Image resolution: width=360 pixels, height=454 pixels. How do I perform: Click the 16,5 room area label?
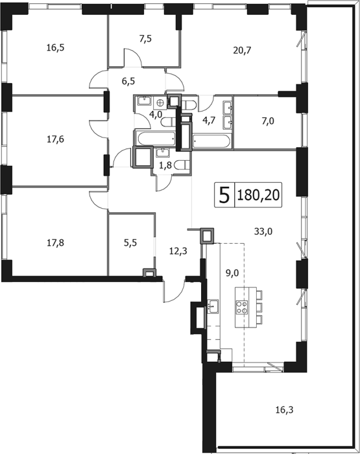55,48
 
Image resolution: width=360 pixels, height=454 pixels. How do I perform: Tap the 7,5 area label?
145,39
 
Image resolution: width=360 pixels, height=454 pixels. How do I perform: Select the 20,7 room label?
242,51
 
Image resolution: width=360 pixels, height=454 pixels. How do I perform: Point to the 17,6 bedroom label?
55,139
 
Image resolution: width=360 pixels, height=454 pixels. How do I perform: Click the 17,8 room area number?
55,243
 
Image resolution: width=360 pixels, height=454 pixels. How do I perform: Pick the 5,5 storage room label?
130,243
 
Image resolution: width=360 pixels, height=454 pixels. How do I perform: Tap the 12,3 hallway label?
178,251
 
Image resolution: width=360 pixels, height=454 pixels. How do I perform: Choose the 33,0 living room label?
263,232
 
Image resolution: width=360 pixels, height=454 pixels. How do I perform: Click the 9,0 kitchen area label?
232,273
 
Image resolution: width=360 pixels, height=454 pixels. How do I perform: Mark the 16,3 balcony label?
284,410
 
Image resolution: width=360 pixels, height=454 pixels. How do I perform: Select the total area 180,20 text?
258,195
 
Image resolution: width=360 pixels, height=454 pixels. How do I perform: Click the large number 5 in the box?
224,195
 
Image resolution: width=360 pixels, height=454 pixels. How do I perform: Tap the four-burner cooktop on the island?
242,307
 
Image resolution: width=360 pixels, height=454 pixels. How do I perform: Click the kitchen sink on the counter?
213,306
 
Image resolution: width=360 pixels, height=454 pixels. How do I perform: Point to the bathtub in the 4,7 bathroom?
211,142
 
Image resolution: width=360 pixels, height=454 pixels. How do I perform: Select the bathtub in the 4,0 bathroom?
156,138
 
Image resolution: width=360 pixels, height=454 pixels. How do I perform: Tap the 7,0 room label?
268,121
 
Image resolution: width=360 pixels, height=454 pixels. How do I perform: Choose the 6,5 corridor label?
128,81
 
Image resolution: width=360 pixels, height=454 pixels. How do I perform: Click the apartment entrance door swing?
174,292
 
